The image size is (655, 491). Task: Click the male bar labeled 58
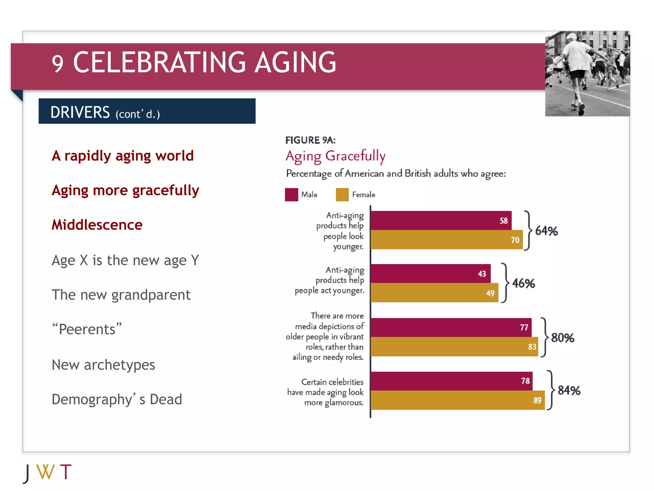coord(441,220)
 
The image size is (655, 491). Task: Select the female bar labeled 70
coord(446,240)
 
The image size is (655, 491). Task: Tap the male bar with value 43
coord(430,274)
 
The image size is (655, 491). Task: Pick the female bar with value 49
coord(434,293)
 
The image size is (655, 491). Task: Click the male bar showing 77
coord(451,327)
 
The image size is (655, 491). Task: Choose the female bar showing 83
coord(454,347)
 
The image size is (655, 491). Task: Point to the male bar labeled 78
coord(452,381)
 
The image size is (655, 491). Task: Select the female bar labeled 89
coord(457,400)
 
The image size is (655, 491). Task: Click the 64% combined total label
coord(547,231)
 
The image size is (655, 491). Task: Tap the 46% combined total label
coord(524,284)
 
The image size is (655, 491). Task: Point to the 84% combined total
coord(569,391)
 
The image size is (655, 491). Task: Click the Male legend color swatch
coord(291,195)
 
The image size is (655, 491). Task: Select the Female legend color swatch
coord(342,195)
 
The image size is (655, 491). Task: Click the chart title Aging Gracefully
coord(335,156)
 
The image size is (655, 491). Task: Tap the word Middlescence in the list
coord(97,225)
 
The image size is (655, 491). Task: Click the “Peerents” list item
coord(87,329)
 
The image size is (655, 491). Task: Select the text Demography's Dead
coord(117,400)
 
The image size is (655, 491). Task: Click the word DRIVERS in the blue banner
coord(80,112)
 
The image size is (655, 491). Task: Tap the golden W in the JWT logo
coord(45,472)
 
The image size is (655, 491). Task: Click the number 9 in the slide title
coord(58,64)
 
